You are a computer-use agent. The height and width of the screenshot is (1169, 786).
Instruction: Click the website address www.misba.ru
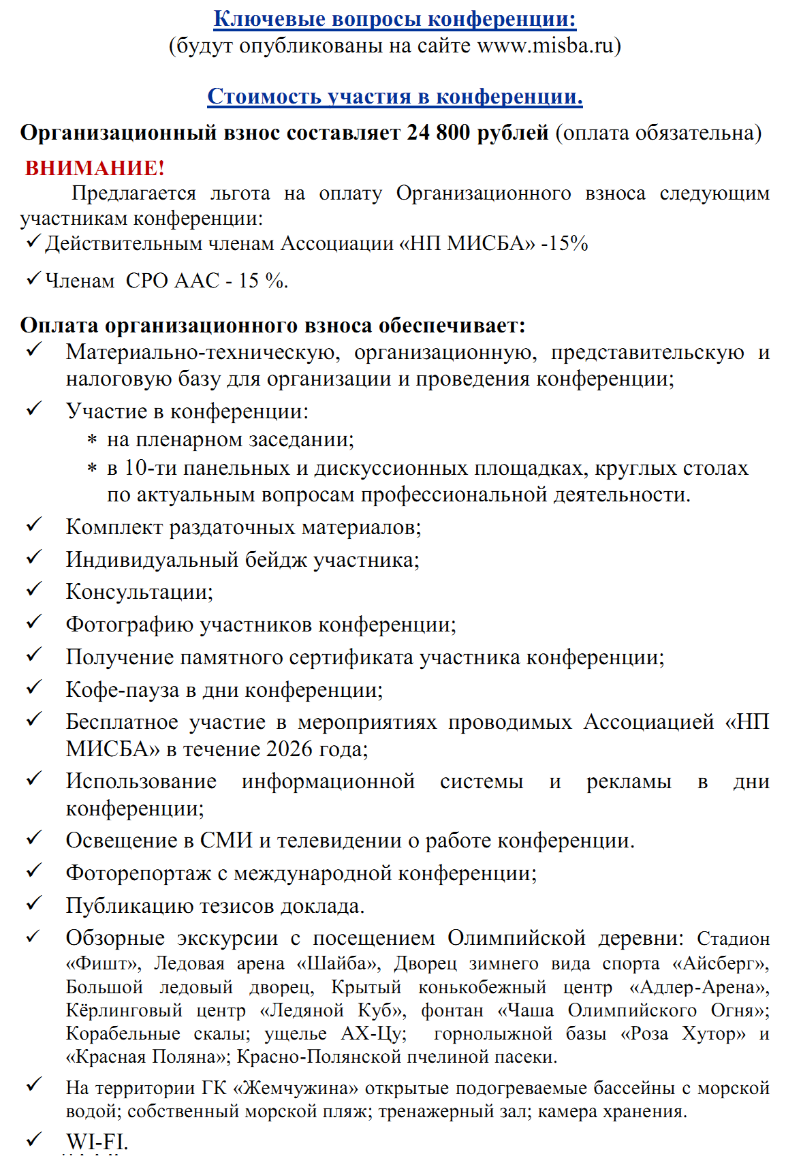[545, 46]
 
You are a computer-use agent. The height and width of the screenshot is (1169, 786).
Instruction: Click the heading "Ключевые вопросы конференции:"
[395, 18]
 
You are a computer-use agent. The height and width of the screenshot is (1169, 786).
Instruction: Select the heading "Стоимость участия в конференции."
[395, 96]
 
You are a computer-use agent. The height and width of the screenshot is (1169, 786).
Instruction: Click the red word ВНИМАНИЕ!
[95, 168]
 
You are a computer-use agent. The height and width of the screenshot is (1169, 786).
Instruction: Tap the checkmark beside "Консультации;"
[34, 589]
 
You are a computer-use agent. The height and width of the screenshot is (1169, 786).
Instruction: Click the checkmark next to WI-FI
[34, 1139]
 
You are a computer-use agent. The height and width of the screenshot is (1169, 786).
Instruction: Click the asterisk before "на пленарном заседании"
[92, 441]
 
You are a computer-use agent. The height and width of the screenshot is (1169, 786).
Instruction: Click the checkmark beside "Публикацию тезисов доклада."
[34, 903]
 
